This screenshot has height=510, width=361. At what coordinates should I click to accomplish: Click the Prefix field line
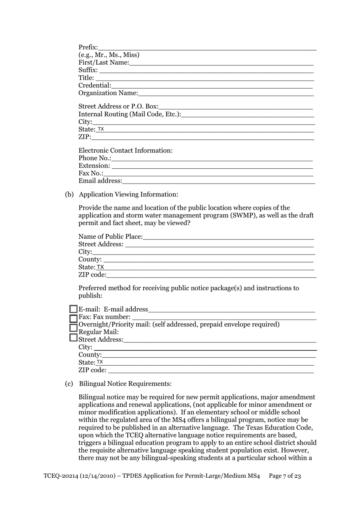click(207, 48)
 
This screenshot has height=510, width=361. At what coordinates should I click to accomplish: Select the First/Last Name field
click(221, 63)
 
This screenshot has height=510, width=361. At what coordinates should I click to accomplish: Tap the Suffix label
click(88, 70)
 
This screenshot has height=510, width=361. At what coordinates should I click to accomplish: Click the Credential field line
click(212, 86)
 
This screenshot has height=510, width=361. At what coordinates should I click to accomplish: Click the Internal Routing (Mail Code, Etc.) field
click(247, 114)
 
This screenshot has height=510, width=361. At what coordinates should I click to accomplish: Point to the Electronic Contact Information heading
click(125, 150)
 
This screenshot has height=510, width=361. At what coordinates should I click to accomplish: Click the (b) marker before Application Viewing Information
click(69, 195)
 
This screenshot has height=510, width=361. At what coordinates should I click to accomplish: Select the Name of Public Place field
click(228, 237)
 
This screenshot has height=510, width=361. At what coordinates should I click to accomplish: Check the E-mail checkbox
click(73, 309)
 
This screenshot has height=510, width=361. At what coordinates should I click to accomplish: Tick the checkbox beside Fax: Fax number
click(73, 318)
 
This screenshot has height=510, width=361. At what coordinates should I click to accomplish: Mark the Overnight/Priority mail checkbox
click(73, 328)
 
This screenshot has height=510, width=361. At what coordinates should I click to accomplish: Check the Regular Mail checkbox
click(73, 337)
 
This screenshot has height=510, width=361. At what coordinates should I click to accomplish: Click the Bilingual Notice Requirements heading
click(125, 384)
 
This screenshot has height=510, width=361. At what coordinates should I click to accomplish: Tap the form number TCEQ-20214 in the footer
click(60, 476)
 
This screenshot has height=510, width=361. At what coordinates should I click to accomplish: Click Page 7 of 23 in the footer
click(285, 476)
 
